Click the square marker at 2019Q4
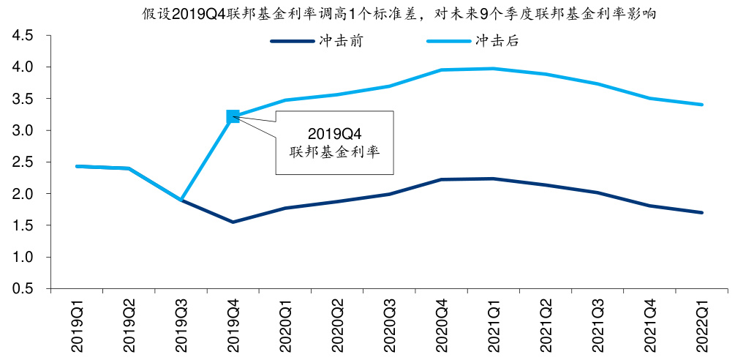coord(233,116)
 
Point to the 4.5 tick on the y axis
coord(22,35)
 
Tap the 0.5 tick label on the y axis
coord(22,289)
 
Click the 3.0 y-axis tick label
coord(22,130)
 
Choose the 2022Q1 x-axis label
coord(702,321)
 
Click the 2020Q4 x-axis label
coord(442,321)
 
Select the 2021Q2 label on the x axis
coord(546,321)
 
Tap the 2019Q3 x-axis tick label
coord(181,321)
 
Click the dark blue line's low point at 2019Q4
coord(233,222)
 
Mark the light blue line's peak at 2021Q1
coord(494,69)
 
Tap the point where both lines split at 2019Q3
coord(181,200)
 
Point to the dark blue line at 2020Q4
coord(442,179)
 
